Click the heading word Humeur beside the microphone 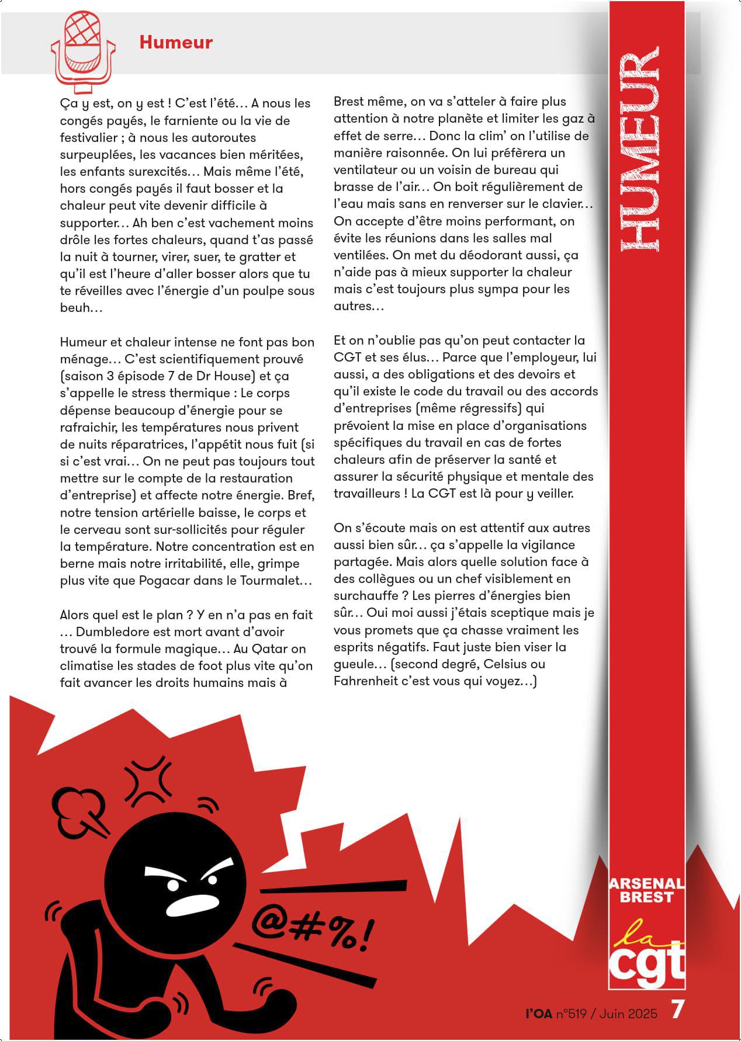click(175, 42)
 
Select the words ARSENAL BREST click(646, 890)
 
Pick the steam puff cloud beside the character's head click(79, 806)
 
